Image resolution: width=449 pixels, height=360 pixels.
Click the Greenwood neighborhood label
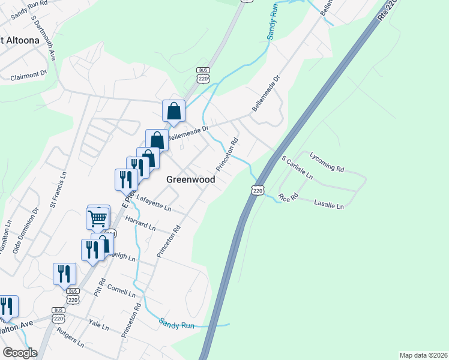tap(190, 179)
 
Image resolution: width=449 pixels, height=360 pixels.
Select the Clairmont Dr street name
tap(28, 76)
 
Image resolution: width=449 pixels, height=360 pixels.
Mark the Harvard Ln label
tap(141, 223)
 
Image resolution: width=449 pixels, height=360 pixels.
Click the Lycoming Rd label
tap(327, 162)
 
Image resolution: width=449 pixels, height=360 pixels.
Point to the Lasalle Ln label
tap(329, 205)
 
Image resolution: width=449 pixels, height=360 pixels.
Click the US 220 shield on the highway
tap(258, 190)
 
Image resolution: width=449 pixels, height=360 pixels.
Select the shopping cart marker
tap(98, 218)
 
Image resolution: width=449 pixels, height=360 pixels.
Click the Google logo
tap(20, 353)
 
